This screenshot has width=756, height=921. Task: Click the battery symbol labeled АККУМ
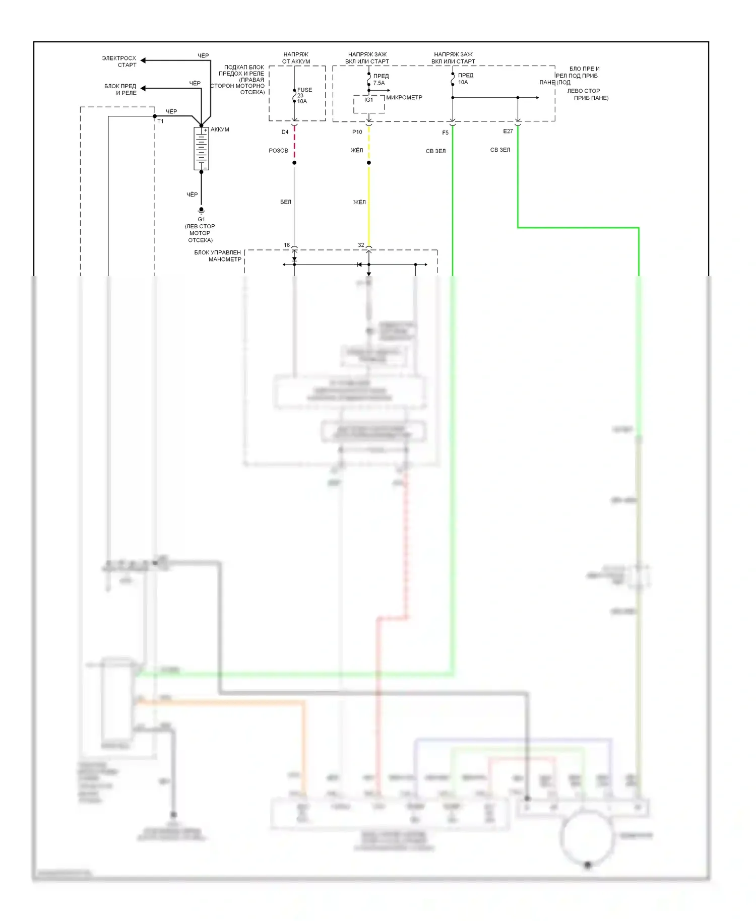coord(201,149)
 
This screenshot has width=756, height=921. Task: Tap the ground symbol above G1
coord(201,211)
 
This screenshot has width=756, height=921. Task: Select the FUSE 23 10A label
coord(304,96)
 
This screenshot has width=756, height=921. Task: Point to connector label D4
coord(285,132)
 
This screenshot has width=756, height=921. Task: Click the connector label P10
coord(357,132)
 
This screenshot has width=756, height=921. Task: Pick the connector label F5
coord(445,133)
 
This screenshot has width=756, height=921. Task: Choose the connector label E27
coord(508,131)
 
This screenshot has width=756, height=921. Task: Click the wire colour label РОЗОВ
coord(278,151)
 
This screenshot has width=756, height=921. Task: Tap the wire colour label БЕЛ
coord(285,202)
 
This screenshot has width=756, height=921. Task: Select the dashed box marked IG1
coord(369,104)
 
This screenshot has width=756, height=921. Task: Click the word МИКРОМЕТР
coord(404,97)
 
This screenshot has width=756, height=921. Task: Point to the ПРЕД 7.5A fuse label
coord(381,80)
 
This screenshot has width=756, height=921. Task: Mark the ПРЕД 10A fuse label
coord(465,79)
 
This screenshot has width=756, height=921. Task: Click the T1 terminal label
coord(160,121)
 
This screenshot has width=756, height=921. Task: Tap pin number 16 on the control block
coord(287,245)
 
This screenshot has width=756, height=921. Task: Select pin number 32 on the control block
coord(361,245)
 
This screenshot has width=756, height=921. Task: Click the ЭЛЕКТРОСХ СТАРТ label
coord(119,61)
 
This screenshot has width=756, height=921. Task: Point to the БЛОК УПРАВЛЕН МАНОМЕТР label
coord(218,256)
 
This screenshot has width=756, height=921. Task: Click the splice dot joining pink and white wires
coord(294,163)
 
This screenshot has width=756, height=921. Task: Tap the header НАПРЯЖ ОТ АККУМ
coord(296,58)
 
